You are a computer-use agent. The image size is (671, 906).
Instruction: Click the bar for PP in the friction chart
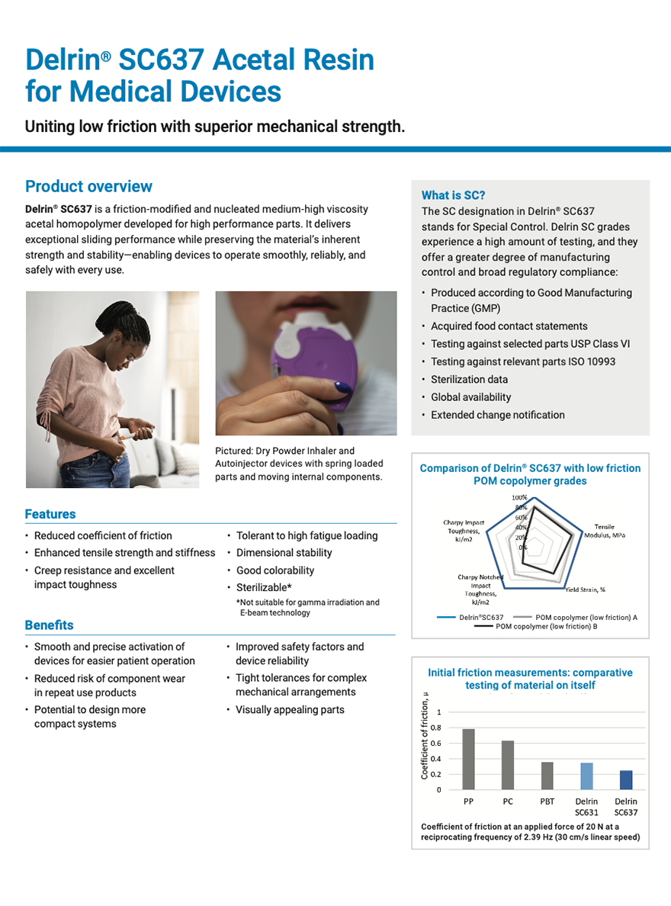[468, 759]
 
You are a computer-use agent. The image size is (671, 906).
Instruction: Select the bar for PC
[508, 765]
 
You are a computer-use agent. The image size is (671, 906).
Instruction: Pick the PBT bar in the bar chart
[547, 776]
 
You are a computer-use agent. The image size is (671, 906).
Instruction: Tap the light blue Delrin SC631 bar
[586, 776]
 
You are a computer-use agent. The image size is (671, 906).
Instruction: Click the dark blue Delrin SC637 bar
[626, 779]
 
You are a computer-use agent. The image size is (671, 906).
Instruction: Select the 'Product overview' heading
[88, 187]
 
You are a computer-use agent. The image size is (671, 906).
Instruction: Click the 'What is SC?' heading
[453, 195]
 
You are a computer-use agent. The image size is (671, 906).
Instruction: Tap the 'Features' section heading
[50, 514]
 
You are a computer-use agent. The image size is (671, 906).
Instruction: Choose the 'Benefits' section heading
[49, 625]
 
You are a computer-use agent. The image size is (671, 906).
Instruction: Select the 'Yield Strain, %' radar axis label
[585, 590]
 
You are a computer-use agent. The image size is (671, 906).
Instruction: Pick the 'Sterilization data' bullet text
[469, 379]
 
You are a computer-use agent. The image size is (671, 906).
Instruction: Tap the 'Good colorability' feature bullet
[274, 570]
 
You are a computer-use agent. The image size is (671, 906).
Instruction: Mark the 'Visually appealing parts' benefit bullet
[290, 710]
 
